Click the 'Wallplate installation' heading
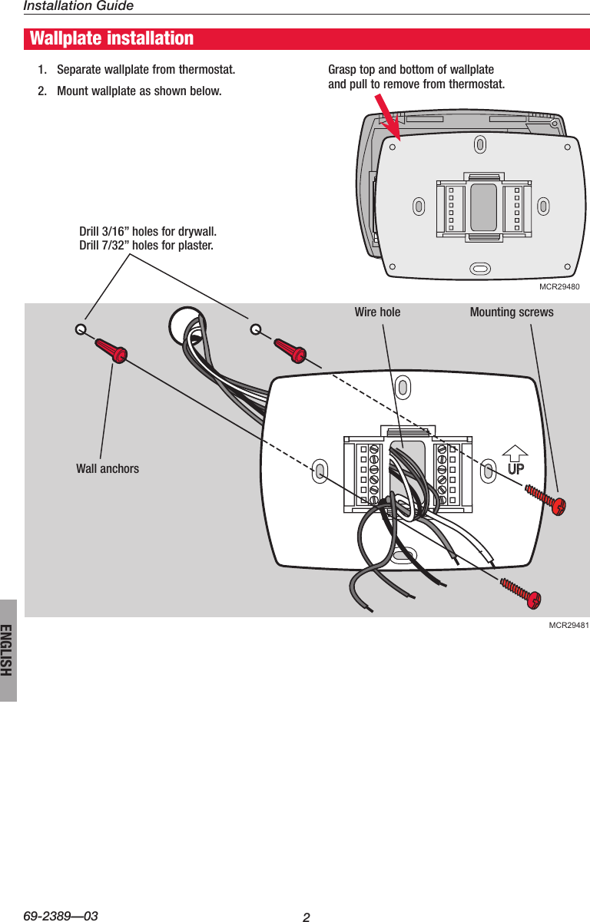pyautogui.click(x=112, y=38)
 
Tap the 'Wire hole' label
pyautogui.click(x=377, y=312)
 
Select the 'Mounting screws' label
pyautogui.click(x=511, y=312)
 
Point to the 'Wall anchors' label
pyautogui.click(x=108, y=468)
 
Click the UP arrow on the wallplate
pyautogui.click(x=515, y=461)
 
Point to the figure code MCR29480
pyautogui.click(x=559, y=286)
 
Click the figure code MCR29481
pyautogui.click(x=568, y=626)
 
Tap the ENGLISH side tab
pyautogui.click(x=8, y=649)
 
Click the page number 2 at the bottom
pyautogui.click(x=306, y=917)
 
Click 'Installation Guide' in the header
pyautogui.click(x=78, y=6)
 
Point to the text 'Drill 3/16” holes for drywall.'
pyautogui.click(x=148, y=232)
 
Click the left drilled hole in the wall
pyautogui.click(x=81, y=329)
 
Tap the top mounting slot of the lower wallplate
pyautogui.click(x=402, y=385)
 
